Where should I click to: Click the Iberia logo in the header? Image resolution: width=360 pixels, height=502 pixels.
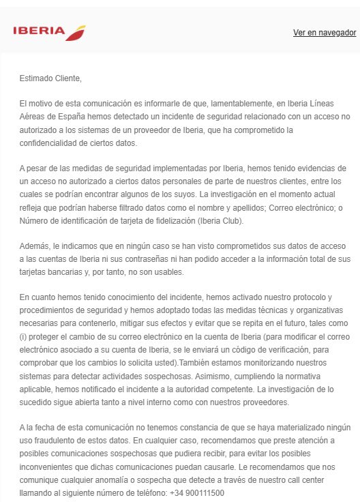tap(49, 32)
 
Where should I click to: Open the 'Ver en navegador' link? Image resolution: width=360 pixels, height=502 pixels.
tap(325, 33)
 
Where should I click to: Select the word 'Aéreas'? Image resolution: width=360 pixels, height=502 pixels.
tap(33, 117)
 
